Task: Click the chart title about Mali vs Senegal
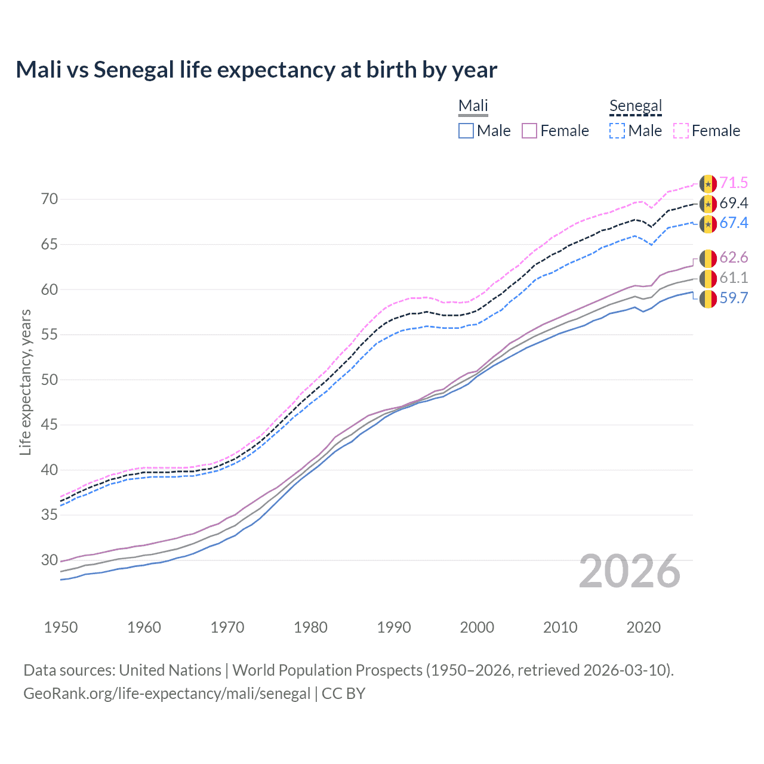[256, 70]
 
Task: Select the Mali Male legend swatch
[466, 131]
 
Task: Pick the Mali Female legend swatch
[529, 131]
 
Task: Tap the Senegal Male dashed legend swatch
[617, 131]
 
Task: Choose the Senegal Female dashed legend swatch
[681, 131]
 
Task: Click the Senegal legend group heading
[636, 106]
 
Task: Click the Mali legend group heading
[473, 106]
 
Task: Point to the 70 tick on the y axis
[50, 199]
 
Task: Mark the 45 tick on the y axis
[50, 425]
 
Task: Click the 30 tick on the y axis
[50, 560]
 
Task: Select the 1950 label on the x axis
[61, 627]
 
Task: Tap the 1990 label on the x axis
[394, 627]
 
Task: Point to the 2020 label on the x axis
[643, 627]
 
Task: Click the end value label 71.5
[734, 183]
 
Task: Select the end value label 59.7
[734, 298]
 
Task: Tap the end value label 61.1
[734, 278]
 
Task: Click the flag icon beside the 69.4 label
[708, 204]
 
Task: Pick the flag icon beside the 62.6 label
[708, 258]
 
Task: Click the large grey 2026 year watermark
[630, 571]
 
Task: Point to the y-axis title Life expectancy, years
[25, 383]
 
